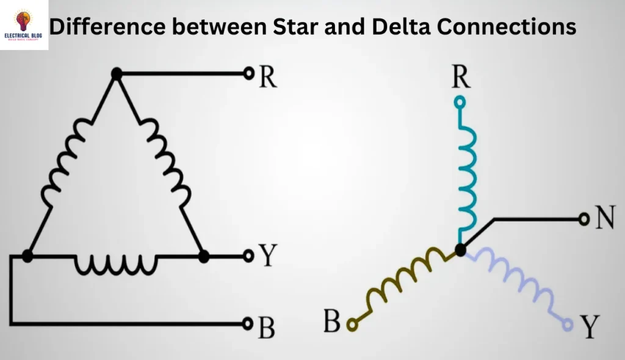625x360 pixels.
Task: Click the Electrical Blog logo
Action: click(x=24, y=24)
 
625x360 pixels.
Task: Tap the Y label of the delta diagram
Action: click(x=267, y=256)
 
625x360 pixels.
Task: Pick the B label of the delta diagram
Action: click(x=266, y=328)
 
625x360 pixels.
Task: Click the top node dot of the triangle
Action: click(x=117, y=73)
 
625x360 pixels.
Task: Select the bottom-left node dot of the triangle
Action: click(x=27, y=256)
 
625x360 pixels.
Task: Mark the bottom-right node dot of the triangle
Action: click(x=204, y=256)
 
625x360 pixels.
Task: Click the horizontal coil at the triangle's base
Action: click(x=115, y=262)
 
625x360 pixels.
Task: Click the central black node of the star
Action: click(x=461, y=249)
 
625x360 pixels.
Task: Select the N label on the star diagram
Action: click(x=604, y=218)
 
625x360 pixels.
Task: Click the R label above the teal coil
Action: click(x=461, y=77)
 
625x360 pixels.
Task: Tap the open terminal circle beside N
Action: click(x=583, y=218)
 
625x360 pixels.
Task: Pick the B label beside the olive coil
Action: click(x=332, y=322)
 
